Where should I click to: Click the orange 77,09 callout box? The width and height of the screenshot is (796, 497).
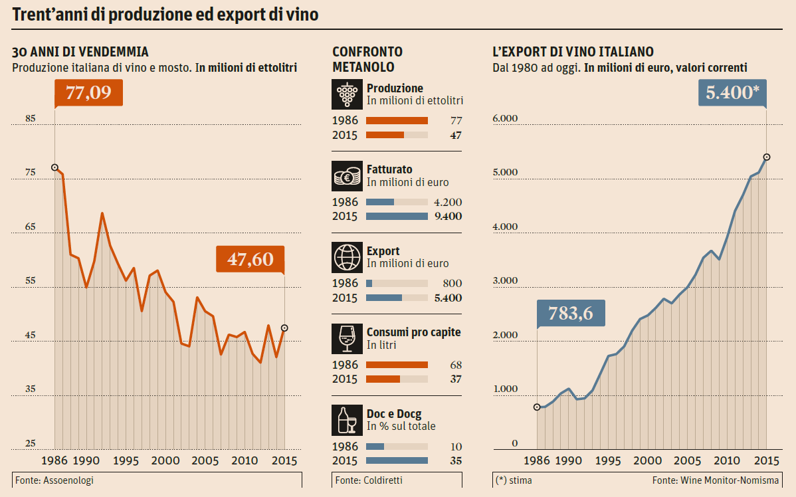tap(88, 92)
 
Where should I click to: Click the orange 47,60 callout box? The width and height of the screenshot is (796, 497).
tap(250, 258)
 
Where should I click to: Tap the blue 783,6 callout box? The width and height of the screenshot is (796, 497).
tap(571, 312)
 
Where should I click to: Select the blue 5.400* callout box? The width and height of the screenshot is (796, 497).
tap(732, 93)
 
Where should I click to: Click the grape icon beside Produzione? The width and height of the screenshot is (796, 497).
tap(347, 94)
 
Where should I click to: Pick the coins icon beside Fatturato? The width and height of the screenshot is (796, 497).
tap(347, 176)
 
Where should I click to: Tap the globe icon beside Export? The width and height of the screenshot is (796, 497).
tap(347, 257)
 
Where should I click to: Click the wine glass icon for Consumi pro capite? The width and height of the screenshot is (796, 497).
tap(347, 339)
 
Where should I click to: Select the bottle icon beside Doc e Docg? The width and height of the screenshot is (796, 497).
tap(347, 420)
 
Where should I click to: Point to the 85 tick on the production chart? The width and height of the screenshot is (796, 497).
tap(31, 119)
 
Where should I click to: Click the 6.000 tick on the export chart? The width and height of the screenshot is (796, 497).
tap(505, 119)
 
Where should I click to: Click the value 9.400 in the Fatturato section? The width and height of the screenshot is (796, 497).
tap(447, 217)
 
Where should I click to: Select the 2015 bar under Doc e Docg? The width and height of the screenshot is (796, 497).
tap(397, 460)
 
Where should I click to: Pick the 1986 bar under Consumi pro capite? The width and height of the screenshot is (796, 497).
tap(397, 365)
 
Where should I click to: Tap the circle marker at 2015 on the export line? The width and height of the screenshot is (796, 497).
tap(767, 157)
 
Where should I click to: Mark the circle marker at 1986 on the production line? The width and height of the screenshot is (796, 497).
tap(54, 167)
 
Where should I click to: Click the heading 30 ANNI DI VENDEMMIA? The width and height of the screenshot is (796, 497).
tap(80, 52)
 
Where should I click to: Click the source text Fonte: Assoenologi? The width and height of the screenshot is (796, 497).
tap(54, 480)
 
